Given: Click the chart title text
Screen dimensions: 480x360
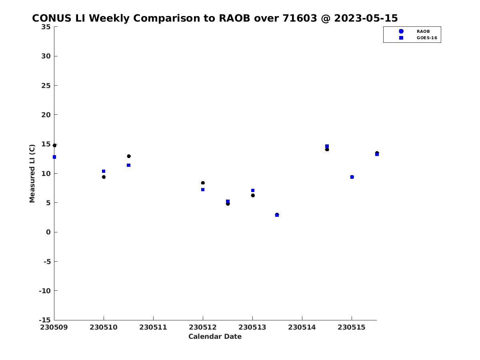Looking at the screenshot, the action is tap(215, 18).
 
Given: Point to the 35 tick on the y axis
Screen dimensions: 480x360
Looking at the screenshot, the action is tap(46, 27).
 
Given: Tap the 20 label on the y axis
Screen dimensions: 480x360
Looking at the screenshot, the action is tap(46, 115).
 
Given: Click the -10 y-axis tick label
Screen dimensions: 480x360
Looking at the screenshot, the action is tap(45, 291).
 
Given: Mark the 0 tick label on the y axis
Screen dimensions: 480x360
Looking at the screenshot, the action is tap(48, 232).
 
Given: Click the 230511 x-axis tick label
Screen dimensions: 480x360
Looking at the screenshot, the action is tap(153, 327).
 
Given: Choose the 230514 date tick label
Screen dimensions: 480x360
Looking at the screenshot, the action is tap(302, 327).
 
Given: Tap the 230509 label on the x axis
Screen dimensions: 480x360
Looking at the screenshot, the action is tap(54, 327).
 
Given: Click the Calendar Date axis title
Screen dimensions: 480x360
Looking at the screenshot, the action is tap(215, 336).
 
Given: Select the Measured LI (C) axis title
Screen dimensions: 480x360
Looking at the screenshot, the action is tap(32, 174).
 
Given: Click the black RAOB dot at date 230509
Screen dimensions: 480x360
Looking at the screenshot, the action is tap(54, 145).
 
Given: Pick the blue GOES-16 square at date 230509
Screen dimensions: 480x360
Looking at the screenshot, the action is tap(54, 157).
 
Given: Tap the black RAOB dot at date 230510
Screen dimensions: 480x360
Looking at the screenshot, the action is tap(104, 177).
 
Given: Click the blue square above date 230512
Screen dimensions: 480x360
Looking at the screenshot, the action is tap(203, 190).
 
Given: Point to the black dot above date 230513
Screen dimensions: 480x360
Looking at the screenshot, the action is tap(253, 196).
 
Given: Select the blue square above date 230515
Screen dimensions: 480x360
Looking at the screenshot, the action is tap(352, 177).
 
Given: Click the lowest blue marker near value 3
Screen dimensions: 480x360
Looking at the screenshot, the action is tap(277, 215).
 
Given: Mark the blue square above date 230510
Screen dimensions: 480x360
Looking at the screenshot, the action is tap(104, 171).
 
